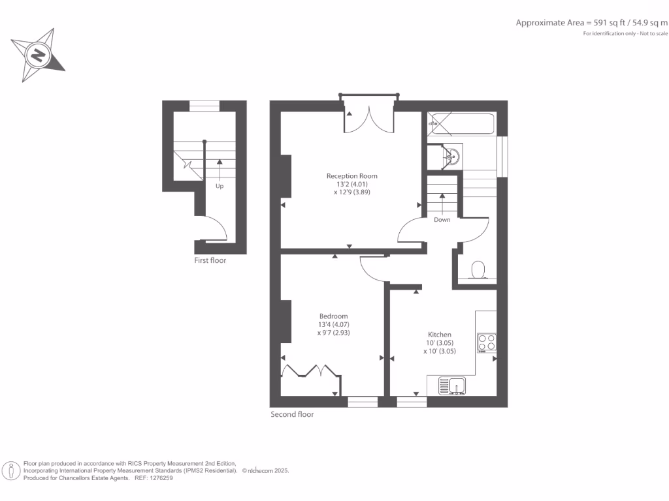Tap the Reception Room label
[352, 175]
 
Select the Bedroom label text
[333, 316]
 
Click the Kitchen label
[439, 335]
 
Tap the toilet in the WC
[478, 269]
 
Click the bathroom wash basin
[452, 156]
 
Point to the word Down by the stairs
[442, 220]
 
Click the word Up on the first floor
[220, 186]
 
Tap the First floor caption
[210, 260]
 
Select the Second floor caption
[292, 414]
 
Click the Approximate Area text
[591, 23]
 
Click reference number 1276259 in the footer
[160, 478]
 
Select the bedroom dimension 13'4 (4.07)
[333, 324]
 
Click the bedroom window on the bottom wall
[363, 402]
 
